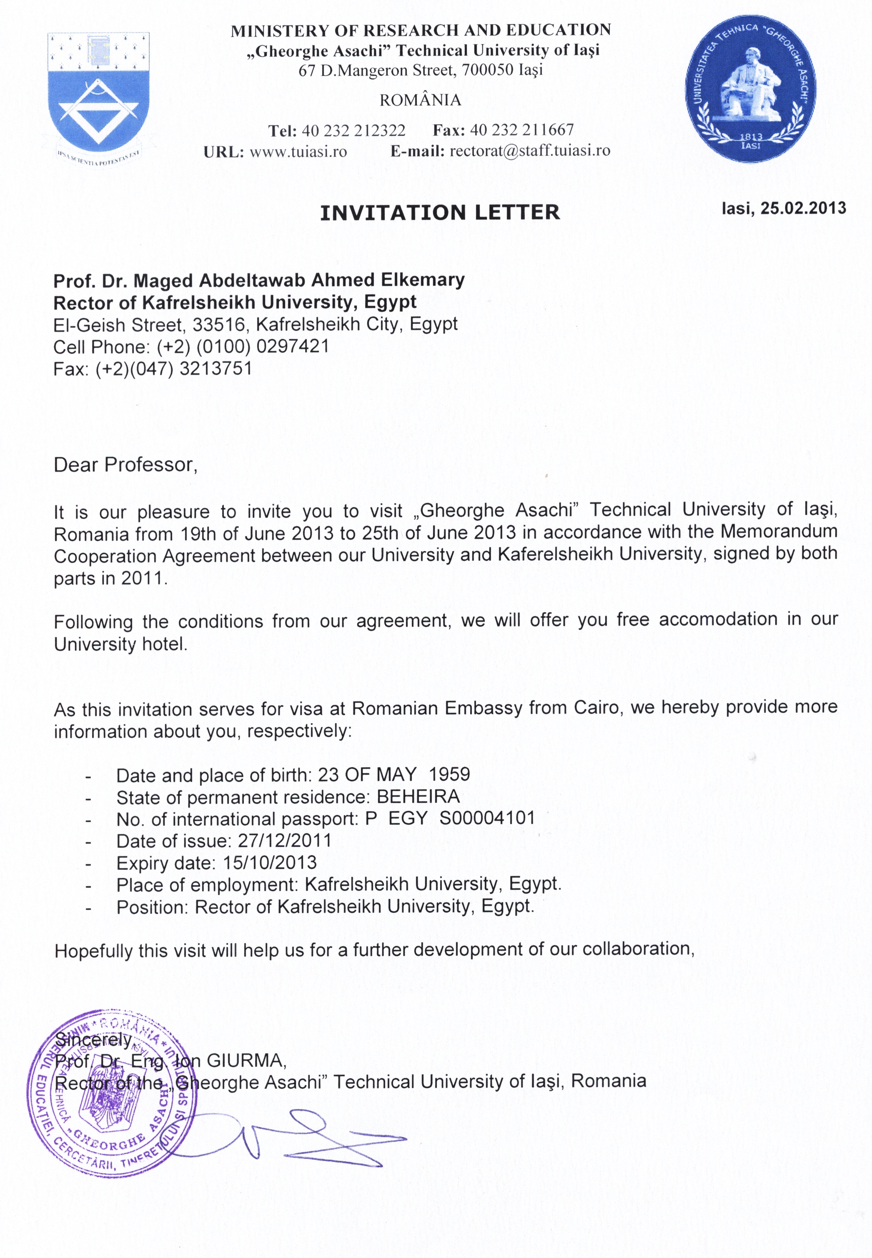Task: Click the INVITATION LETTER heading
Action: pyautogui.click(x=440, y=212)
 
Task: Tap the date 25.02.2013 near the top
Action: pyautogui.click(x=802, y=208)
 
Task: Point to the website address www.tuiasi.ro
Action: pyautogui.click(x=298, y=151)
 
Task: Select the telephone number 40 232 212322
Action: pyautogui.click(x=353, y=130)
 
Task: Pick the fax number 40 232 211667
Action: pyautogui.click(x=522, y=130)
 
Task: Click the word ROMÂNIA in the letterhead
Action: pyautogui.click(x=420, y=100)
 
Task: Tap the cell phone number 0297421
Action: pyautogui.click(x=292, y=346)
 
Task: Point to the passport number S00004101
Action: pyautogui.click(x=487, y=818)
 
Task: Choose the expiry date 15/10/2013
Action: pyautogui.click(x=269, y=862)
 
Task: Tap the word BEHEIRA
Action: pyautogui.click(x=418, y=796)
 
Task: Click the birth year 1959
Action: pyautogui.click(x=449, y=774)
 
